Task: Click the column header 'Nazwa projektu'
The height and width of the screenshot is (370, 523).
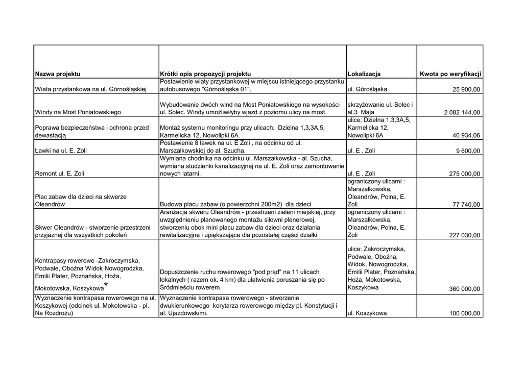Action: pyautogui.click(x=58, y=74)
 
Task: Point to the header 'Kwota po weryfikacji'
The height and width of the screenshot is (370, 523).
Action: pyautogui.click(x=450, y=74)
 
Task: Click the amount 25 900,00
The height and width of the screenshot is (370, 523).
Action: pyautogui.click(x=466, y=90)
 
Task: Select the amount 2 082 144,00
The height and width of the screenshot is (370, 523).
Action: pyautogui.click(x=458, y=112)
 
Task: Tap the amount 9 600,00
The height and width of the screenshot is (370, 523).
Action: pyautogui.click(x=468, y=151)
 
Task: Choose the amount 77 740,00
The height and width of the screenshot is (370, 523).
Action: pyautogui.click(x=466, y=205)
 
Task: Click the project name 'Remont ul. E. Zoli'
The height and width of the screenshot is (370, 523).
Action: pyautogui.click(x=60, y=174)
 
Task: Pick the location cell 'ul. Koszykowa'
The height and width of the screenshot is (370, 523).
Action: pyautogui.click(x=367, y=313)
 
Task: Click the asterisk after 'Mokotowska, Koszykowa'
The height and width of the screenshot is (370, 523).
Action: pyautogui.click(x=106, y=285)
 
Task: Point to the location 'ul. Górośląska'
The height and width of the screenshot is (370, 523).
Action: pyautogui.click(x=367, y=90)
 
